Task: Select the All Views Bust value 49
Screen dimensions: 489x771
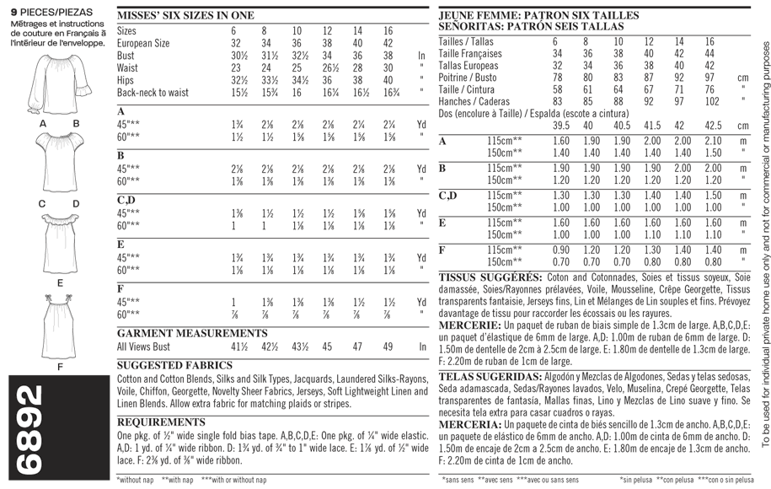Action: (388, 347)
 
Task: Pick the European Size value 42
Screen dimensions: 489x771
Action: (388, 43)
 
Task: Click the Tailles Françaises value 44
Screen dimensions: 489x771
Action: (710, 53)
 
